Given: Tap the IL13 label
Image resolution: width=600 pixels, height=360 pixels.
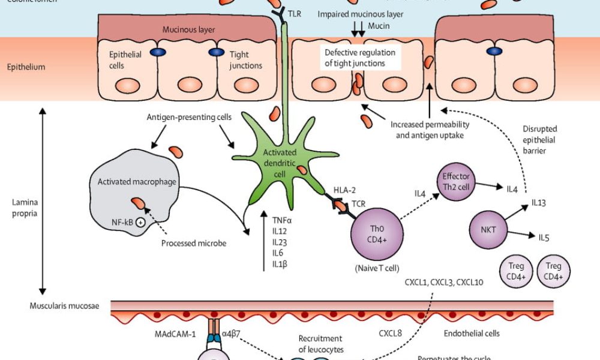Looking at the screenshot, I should coord(538,203).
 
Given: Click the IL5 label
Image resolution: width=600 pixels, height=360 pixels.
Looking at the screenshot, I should coord(543,237).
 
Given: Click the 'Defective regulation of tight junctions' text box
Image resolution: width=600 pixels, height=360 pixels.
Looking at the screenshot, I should coord(360,58).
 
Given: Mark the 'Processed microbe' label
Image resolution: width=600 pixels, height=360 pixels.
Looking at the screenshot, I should coord(193,243).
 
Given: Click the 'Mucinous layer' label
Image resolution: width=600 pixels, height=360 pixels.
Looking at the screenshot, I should coord(188,29).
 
